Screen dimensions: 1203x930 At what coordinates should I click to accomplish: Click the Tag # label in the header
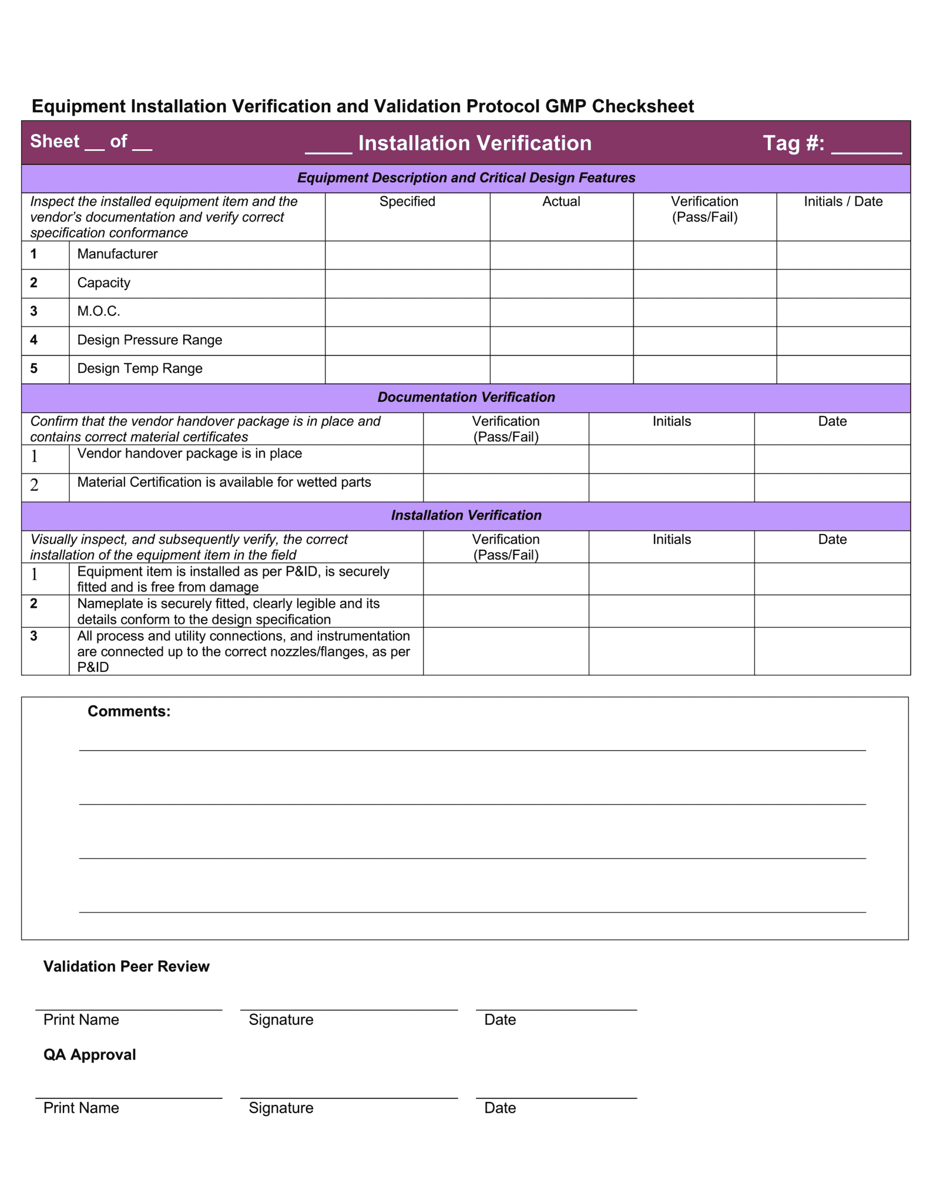[x=793, y=143]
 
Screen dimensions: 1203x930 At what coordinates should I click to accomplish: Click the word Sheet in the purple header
[x=55, y=142]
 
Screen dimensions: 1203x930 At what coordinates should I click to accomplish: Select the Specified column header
[x=407, y=201]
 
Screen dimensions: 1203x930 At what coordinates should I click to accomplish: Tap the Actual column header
[x=561, y=201]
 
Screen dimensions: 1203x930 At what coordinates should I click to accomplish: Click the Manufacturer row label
[x=117, y=254]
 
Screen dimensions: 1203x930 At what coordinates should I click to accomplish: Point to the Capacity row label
[x=104, y=283]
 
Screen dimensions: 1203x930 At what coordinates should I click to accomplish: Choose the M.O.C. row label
[x=99, y=311]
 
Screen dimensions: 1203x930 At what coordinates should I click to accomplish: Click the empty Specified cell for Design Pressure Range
[x=407, y=341]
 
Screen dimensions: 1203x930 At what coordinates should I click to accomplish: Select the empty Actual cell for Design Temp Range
[x=561, y=369]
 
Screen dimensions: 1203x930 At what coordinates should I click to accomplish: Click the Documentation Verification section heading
[x=466, y=398]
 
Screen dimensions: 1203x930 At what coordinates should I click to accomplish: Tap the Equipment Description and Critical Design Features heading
[x=466, y=178]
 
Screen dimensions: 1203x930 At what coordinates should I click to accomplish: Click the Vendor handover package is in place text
[x=189, y=453]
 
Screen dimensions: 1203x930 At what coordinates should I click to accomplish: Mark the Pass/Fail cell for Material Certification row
[x=505, y=488]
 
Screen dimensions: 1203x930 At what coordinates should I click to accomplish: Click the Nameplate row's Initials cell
[x=671, y=611]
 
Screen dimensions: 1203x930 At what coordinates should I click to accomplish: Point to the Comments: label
[x=129, y=711]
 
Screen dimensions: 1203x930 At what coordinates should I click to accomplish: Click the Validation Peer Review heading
[x=126, y=967]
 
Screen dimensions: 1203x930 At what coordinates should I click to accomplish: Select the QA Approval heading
[x=89, y=1055]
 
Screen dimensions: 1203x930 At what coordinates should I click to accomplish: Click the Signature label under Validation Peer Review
[x=281, y=1020]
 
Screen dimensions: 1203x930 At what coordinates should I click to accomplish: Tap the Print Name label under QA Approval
[x=81, y=1108]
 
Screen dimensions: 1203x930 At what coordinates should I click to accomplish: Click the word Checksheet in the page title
[x=643, y=106]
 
